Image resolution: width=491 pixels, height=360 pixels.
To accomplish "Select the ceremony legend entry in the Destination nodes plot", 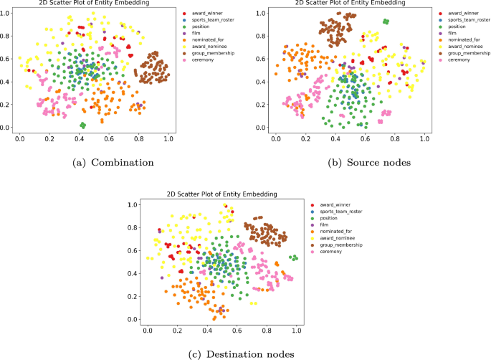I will click(340, 251).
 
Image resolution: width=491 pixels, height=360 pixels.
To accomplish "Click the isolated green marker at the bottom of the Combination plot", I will click(83, 125).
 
